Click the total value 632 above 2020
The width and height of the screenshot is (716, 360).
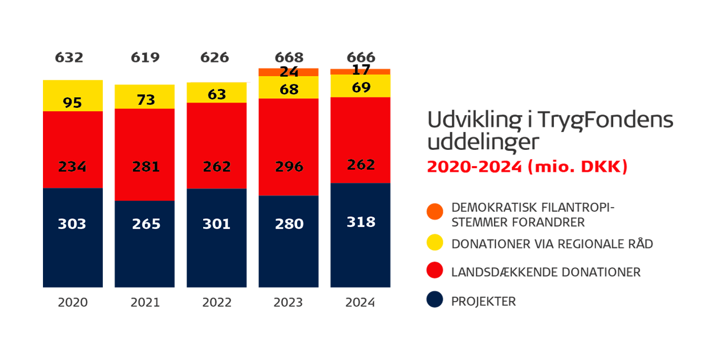pyautogui.click(x=69, y=57)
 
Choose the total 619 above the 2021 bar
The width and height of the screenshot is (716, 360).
pyautogui.click(x=145, y=57)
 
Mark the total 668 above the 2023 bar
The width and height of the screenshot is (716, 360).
pyautogui.click(x=289, y=57)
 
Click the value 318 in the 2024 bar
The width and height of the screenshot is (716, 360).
pyautogui.click(x=361, y=222)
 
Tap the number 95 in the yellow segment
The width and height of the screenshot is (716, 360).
pyautogui.click(x=72, y=102)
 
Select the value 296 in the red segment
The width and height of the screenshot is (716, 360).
pyautogui.click(x=289, y=167)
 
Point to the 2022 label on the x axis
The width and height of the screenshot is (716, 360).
pyautogui.click(x=217, y=302)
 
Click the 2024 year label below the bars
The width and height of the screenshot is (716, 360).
pyautogui.click(x=361, y=302)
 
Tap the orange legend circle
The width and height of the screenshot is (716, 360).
pyautogui.click(x=435, y=211)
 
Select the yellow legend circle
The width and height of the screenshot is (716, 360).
pyautogui.click(x=435, y=243)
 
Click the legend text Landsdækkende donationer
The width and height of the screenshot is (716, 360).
pyautogui.click(x=546, y=272)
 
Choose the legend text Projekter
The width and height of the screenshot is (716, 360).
pyautogui.click(x=483, y=301)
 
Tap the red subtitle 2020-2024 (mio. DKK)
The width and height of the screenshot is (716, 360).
pyautogui.click(x=527, y=167)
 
